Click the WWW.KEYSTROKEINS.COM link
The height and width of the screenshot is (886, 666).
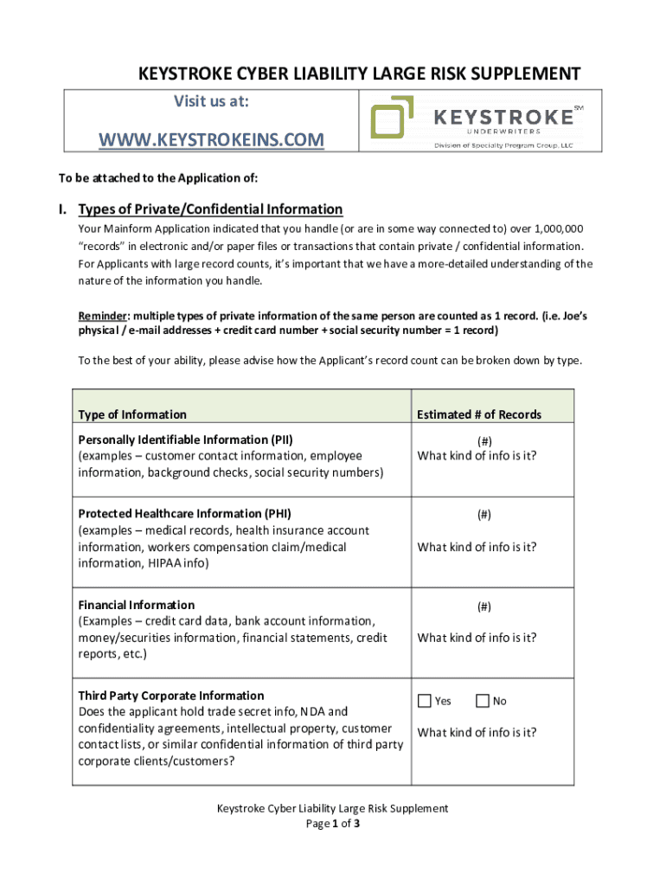(212, 139)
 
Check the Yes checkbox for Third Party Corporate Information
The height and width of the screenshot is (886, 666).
(424, 701)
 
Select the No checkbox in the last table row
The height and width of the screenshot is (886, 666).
(482, 701)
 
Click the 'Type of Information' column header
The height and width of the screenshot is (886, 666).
(131, 414)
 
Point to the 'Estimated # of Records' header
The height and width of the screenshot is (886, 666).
(478, 414)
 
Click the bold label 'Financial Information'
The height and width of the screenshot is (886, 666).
(136, 605)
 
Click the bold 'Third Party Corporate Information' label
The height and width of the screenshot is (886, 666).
(170, 696)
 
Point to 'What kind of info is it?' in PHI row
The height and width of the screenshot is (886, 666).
(477, 547)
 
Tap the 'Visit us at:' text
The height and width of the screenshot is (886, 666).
(211, 102)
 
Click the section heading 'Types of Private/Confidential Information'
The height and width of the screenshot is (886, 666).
(210, 209)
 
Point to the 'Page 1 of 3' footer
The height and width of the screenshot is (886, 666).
(332, 824)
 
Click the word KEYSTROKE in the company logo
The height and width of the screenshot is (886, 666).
(502, 115)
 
